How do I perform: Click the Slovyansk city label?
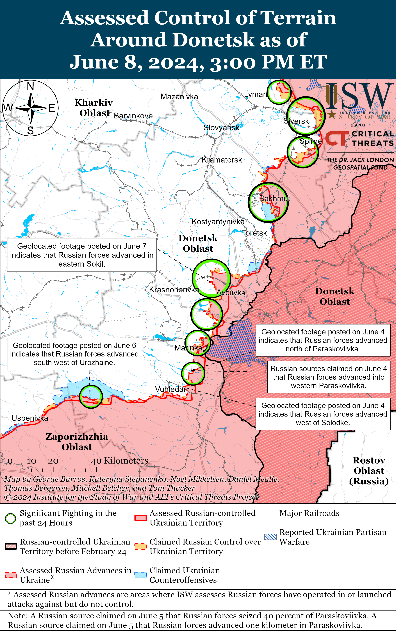(221, 128)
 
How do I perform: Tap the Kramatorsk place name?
(222, 160)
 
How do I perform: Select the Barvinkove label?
(133, 116)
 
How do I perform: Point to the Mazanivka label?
(179, 97)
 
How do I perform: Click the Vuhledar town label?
(171, 389)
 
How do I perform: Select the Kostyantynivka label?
(218, 222)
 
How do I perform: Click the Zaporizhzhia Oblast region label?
(77, 442)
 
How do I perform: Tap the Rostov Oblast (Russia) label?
(369, 471)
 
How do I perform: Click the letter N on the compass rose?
(31, 86)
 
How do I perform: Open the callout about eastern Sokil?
(82, 255)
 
